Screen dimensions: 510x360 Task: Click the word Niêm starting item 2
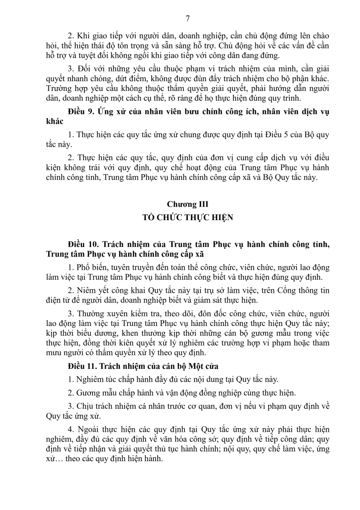(84, 290)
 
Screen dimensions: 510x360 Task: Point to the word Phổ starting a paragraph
(82, 268)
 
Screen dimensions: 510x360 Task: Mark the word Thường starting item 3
(88, 313)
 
